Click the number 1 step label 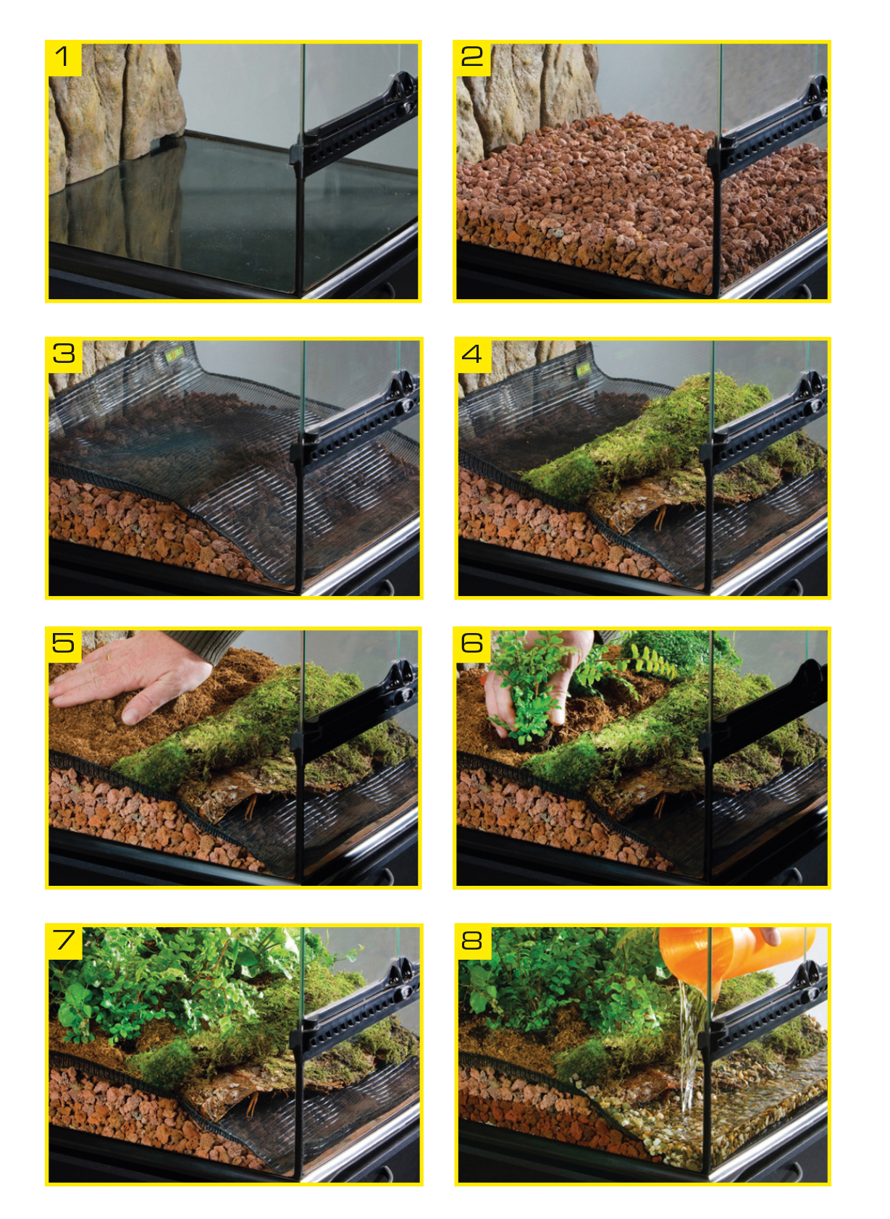click(x=64, y=57)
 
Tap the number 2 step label click(x=472, y=57)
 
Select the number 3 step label click(x=64, y=354)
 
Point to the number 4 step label click(x=472, y=354)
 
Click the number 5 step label click(x=64, y=645)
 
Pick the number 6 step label click(x=472, y=645)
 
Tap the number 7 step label click(x=64, y=941)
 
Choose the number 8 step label click(x=472, y=941)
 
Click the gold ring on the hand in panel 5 click(x=107, y=657)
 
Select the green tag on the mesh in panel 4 click(x=583, y=371)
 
